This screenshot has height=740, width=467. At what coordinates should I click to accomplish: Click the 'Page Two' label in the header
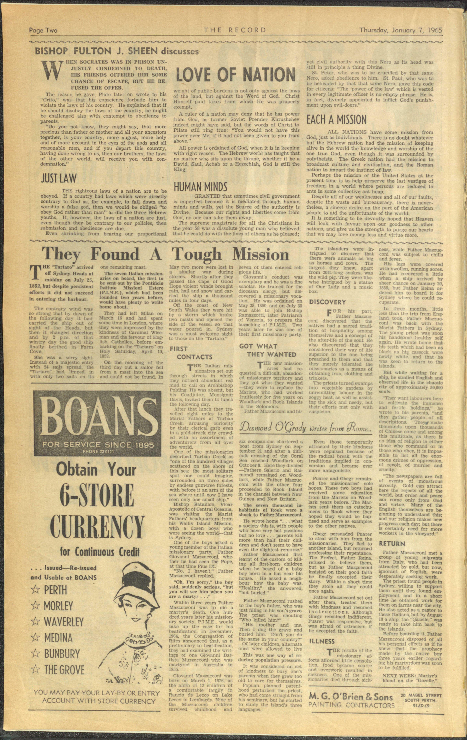pyautogui.click(x=43, y=30)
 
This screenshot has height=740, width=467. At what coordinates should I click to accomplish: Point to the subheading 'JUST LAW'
pyautogui.click(x=59, y=178)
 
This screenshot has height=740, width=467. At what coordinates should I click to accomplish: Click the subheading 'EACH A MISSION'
pyautogui.click(x=337, y=120)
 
